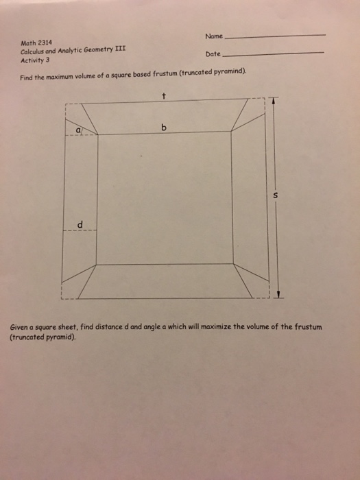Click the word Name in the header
[213, 36]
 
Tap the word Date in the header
[213, 53]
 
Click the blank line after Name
[275, 36]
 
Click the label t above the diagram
[164, 95]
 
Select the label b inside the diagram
[163, 128]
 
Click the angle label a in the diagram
[78, 128]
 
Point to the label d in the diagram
[80, 224]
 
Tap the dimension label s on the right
[275, 195]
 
